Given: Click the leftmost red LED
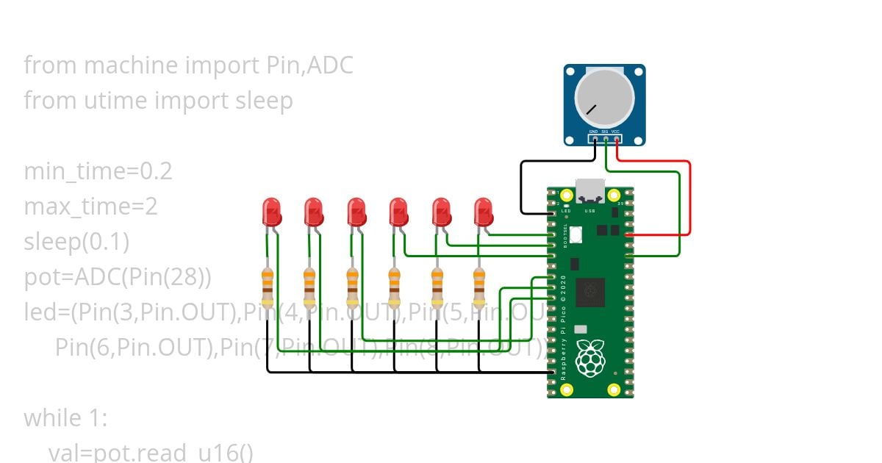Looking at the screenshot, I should coord(271,212).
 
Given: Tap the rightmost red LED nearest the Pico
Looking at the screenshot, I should coord(483,212).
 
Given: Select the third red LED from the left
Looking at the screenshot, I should coord(356,212).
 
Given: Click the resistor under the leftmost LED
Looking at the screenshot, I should coord(268,287).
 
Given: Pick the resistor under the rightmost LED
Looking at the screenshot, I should coord(479,287).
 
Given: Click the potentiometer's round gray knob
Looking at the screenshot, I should coord(604,100).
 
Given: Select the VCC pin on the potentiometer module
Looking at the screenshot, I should coord(616,138).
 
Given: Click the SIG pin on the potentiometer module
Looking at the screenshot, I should coord(605,138).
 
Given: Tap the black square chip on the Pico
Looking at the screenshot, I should coord(590,291).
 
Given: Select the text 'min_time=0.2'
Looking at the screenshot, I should coord(98,171).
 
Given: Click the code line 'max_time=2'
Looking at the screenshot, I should coord(90,207).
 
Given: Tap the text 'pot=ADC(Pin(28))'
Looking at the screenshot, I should coord(118,278).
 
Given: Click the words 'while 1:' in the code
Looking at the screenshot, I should coord(65,418).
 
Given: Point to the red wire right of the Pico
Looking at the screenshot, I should coord(689,198).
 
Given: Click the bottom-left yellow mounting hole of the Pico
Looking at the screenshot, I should coord(566,389).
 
